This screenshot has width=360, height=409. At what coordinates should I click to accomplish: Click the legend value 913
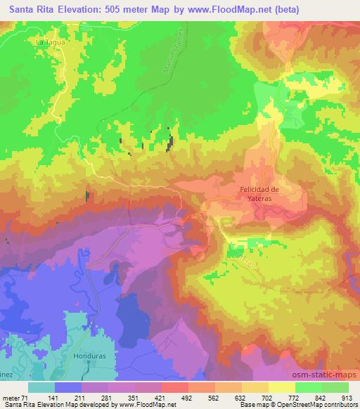[347, 397]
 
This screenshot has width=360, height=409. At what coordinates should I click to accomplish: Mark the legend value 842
[320, 397]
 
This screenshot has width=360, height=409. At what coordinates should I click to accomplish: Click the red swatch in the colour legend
[174, 387]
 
